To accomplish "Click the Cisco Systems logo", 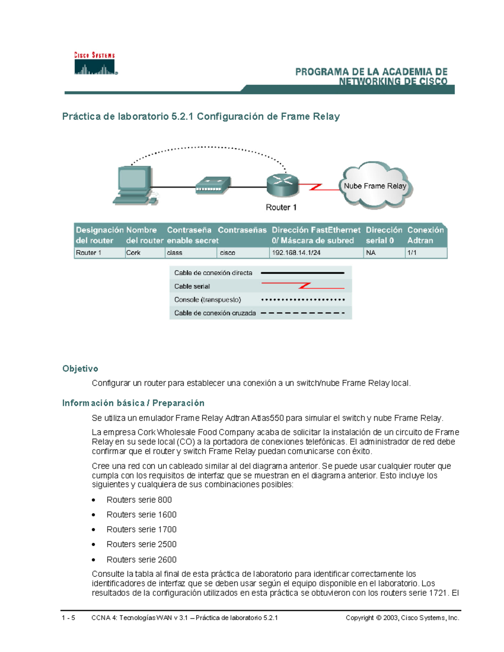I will [x=95, y=64].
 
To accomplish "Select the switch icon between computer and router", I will [x=213, y=185].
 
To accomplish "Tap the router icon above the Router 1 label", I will [x=282, y=185].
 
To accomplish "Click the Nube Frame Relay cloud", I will [x=375, y=186].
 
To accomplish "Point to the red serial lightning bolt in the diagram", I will [x=316, y=187].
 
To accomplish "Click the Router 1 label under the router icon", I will [x=281, y=207].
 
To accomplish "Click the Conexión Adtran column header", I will [x=425, y=235].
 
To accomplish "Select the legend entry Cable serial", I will [x=192, y=286].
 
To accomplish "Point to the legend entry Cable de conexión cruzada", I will [x=215, y=313].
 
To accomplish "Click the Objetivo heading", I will [x=80, y=369].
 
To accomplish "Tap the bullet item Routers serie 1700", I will [x=142, y=529].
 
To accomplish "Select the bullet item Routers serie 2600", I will [x=142, y=560].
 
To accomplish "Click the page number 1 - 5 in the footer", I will [x=68, y=618].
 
